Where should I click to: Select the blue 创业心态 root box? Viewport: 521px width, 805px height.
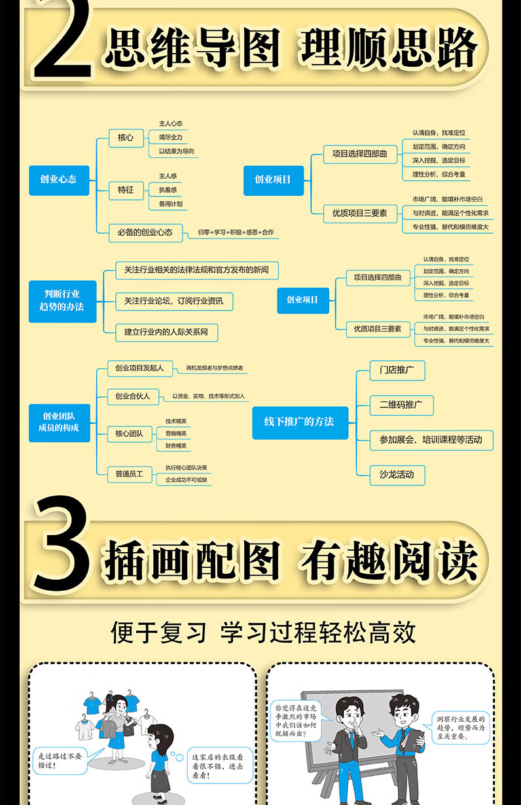(x=58, y=179)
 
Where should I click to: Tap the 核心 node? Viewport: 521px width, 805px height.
(x=126, y=138)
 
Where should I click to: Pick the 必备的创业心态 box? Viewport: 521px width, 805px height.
(x=145, y=232)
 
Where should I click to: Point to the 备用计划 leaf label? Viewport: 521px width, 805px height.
(x=170, y=204)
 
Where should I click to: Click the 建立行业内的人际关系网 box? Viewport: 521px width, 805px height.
(x=166, y=332)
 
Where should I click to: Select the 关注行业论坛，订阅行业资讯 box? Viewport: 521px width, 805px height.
(x=173, y=301)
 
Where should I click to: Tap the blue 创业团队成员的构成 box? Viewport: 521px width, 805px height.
(x=60, y=422)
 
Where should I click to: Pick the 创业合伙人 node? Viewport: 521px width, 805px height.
(x=132, y=396)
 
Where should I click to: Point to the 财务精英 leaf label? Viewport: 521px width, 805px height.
(x=175, y=446)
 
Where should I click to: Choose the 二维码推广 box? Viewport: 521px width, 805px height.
(x=401, y=405)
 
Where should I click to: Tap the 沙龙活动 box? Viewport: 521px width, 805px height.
(x=397, y=474)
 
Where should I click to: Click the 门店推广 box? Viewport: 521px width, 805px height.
(x=397, y=369)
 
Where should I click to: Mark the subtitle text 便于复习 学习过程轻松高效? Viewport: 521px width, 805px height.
(x=263, y=633)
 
